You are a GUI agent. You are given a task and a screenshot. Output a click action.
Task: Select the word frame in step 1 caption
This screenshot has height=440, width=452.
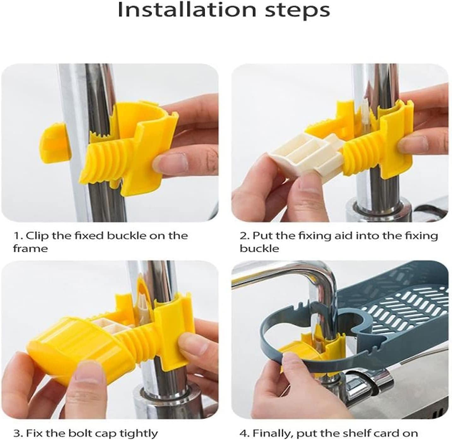(30, 249)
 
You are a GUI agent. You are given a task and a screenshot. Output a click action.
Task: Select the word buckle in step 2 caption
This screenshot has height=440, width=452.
(259, 249)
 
